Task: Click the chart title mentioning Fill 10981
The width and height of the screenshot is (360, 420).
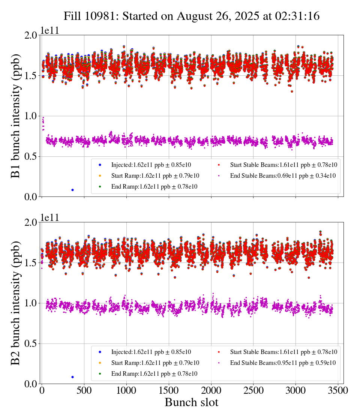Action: [191, 16]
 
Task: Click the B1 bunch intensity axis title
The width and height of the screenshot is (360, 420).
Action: [16, 116]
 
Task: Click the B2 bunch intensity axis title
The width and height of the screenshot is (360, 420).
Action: [16, 303]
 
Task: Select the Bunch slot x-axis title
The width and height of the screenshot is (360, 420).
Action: [191, 403]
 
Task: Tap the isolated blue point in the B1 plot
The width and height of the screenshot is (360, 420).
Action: [72, 190]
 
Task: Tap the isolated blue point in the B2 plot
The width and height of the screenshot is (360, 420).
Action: [72, 377]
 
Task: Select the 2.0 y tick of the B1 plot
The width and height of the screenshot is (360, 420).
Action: [31, 35]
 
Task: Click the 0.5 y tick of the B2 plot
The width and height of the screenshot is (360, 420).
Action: [31, 343]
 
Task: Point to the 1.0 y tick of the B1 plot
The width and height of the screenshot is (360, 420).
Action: [31, 116]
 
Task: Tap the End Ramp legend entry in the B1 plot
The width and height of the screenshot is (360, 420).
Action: [154, 186]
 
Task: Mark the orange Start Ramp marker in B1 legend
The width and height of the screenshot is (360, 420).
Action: [100, 175]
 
